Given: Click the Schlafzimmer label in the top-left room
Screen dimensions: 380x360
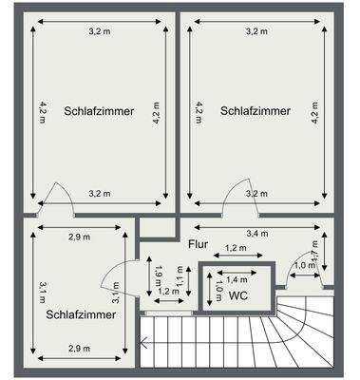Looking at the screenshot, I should [100, 111].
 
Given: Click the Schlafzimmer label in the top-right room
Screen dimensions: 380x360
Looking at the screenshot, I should [256, 111].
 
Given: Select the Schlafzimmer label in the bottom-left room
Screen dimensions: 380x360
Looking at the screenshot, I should [80, 313].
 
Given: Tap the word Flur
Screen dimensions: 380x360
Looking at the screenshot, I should [197, 244].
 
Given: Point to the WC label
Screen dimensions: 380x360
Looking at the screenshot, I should [237, 295].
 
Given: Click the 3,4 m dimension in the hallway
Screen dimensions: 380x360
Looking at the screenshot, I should [256, 233].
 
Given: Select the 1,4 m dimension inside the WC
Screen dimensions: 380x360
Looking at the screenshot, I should [237, 280].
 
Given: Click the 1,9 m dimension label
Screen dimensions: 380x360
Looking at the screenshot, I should [159, 275].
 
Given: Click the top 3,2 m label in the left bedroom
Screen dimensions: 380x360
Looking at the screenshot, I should [100, 31].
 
